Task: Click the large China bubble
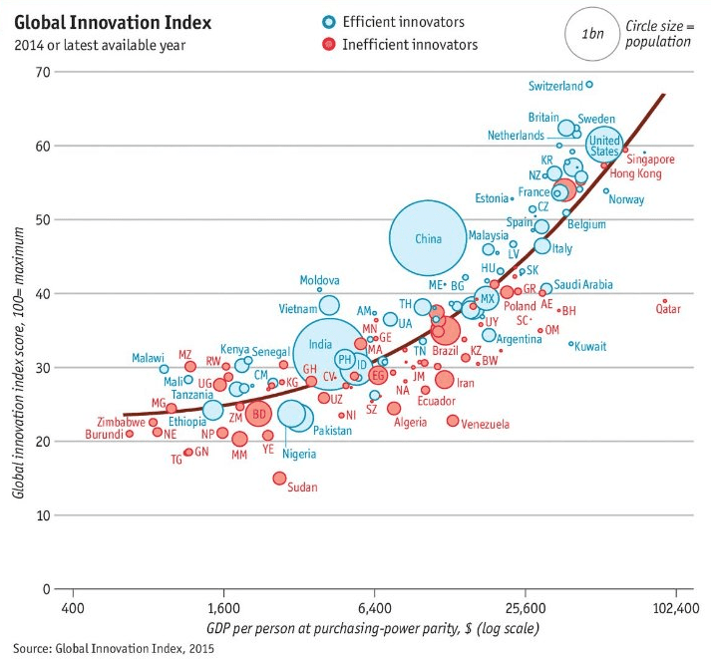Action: tap(428, 238)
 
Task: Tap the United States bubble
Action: tap(604, 146)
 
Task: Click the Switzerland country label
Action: tap(554, 86)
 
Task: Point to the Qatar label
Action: tap(668, 309)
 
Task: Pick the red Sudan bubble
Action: tap(280, 479)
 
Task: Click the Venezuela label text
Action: tap(486, 424)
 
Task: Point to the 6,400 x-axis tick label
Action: tap(373, 606)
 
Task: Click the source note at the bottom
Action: tap(114, 647)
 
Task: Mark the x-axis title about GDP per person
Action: tap(373, 628)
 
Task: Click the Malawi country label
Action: tap(149, 358)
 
